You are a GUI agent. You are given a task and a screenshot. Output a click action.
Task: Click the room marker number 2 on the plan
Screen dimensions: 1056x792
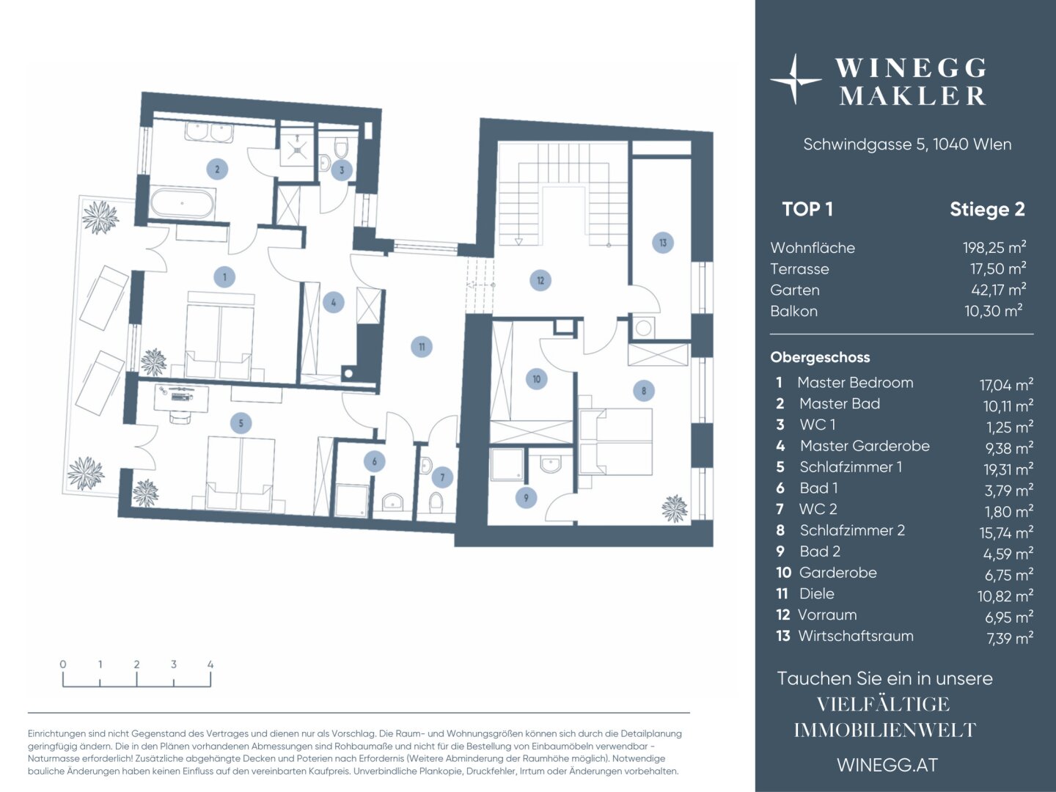(x=217, y=169)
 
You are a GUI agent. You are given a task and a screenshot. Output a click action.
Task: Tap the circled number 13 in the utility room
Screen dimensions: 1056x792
(x=662, y=243)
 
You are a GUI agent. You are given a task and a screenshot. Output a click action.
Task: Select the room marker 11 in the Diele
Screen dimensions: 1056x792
(x=422, y=347)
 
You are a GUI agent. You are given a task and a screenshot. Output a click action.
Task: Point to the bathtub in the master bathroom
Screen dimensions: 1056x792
(x=183, y=204)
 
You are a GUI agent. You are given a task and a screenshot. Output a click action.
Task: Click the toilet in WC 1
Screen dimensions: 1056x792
(x=342, y=149)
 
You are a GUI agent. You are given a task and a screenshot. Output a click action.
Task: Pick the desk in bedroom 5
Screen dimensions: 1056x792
(x=181, y=397)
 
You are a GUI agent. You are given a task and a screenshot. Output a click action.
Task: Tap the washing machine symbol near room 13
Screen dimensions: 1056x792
(x=644, y=329)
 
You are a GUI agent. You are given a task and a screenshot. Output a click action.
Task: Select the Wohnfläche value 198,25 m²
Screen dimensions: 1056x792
(x=994, y=248)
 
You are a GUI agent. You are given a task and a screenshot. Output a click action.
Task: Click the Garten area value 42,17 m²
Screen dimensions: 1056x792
(x=998, y=290)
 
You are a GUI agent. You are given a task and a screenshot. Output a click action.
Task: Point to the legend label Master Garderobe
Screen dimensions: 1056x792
(x=865, y=446)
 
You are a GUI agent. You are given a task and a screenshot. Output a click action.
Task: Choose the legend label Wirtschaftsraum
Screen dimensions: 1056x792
(x=855, y=636)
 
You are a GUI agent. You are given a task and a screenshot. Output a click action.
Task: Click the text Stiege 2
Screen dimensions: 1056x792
(x=987, y=209)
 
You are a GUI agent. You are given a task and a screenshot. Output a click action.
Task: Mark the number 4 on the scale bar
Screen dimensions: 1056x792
(x=210, y=664)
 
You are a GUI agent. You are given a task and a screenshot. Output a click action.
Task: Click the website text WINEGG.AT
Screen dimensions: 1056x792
(x=887, y=765)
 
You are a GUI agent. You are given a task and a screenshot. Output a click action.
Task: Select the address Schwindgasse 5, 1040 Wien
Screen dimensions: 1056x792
(x=907, y=144)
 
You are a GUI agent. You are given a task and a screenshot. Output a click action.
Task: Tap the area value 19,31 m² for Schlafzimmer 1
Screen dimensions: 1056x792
(x=1008, y=469)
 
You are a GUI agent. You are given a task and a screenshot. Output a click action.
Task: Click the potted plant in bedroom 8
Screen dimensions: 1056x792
(x=674, y=508)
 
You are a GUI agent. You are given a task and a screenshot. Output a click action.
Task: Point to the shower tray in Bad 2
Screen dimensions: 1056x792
(x=507, y=464)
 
